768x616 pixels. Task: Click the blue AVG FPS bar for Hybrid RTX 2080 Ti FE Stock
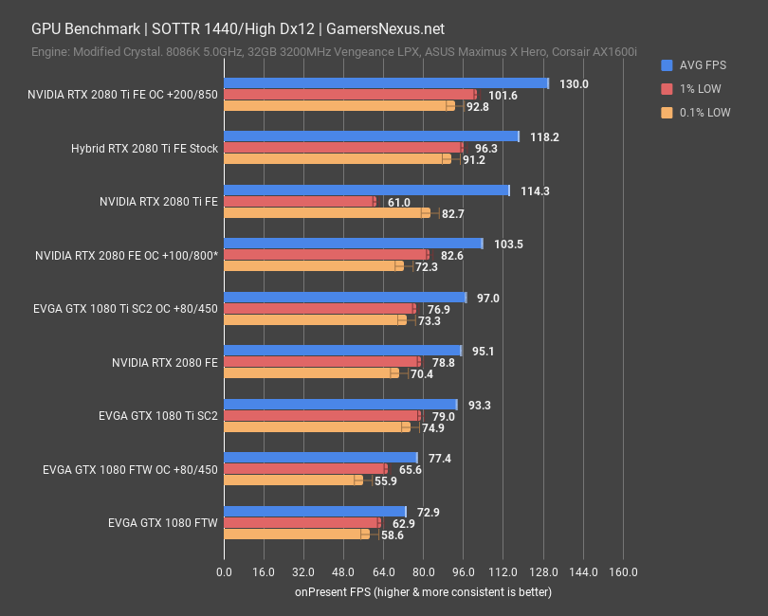371,136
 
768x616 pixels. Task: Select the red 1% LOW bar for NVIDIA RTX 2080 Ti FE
300,201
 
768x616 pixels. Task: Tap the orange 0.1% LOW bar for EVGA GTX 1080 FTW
296,534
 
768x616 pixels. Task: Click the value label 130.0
574,83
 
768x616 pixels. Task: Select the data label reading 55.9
386,480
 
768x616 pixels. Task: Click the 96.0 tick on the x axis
464,571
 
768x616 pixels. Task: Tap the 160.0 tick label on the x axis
623,571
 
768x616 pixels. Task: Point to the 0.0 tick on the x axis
224,571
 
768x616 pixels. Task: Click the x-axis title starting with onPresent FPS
422,592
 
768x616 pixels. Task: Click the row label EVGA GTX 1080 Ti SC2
158,415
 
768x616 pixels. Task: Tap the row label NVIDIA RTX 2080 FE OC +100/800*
126,255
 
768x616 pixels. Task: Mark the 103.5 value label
507,245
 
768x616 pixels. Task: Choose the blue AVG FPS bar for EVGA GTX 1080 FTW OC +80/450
320,458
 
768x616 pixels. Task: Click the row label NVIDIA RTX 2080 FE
165,362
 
